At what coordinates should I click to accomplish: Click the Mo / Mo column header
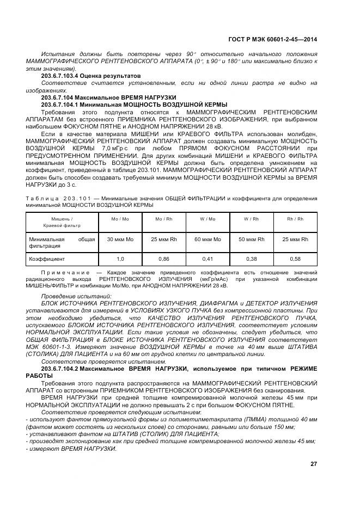[120, 219]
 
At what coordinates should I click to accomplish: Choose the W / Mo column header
[208, 219]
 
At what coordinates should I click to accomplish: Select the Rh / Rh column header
[295, 219]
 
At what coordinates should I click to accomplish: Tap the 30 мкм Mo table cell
[120, 240]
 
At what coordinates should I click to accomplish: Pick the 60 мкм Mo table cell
[208, 240]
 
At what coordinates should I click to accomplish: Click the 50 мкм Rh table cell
[251, 240]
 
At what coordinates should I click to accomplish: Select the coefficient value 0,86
[163, 259]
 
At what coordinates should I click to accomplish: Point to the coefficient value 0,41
[208, 259]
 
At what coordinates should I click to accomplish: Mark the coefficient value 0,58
[295, 259]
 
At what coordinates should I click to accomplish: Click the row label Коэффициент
[47, 259]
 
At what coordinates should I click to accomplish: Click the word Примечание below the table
[65, 272]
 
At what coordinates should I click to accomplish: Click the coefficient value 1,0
[120, 259]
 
